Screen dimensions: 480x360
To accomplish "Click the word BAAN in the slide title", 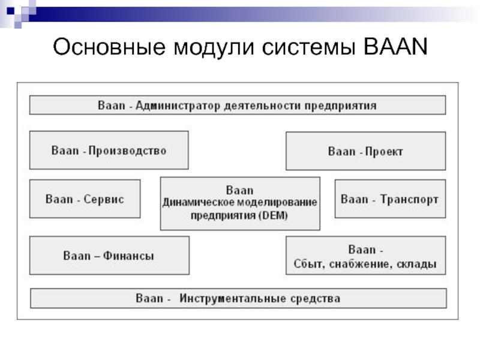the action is point(395,47).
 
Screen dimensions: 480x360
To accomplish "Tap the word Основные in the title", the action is point(109,47).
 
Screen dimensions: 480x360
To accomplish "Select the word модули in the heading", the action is point(214,48).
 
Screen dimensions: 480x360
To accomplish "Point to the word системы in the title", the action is point(308,48).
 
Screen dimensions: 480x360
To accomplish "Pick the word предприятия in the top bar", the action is point(340,106).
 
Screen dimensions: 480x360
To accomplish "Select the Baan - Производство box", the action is point(109,150).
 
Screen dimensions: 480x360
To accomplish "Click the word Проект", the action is point(384,152).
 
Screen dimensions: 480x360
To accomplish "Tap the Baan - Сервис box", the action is point(85,199).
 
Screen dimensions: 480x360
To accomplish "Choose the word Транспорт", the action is point(409,200).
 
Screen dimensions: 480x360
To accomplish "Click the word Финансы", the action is point(128,256).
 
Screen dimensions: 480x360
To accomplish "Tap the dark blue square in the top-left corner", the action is point(10,11).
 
